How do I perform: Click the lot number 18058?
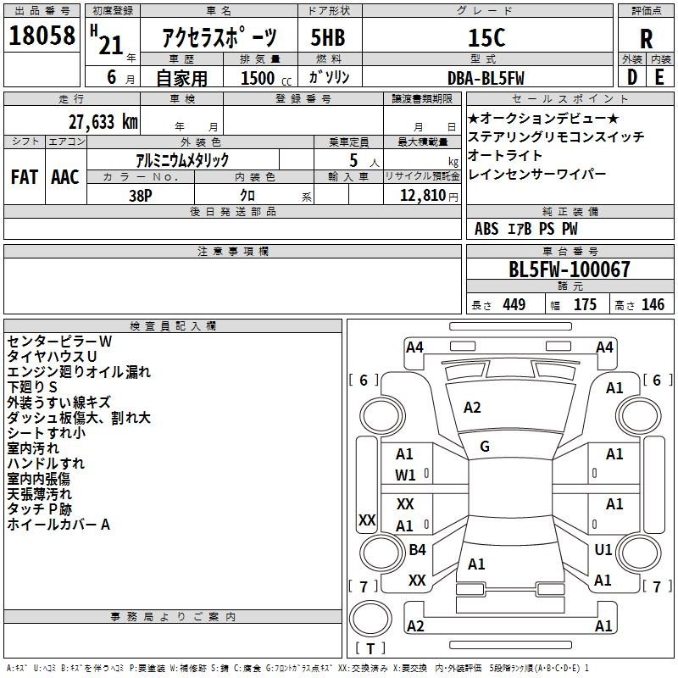point(42,36)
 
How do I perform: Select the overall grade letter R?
point(646,39)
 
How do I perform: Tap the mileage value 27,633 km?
point(103,122)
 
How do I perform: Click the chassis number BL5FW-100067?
point(570,270)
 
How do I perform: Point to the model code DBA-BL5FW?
point(486,78)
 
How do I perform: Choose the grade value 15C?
point(486,37)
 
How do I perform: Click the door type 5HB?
point(328,37)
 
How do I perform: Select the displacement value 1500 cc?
point(266,78)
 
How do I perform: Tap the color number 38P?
point(141,196)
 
